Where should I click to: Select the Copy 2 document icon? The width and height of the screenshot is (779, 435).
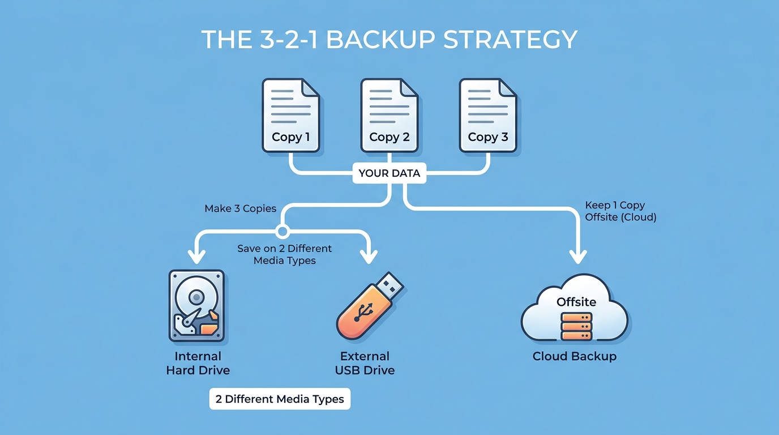point(389,116)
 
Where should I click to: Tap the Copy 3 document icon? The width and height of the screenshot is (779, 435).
point(488,116)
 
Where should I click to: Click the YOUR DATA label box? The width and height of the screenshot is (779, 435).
point(389,173)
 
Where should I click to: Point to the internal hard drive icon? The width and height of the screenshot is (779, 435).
point(196,305)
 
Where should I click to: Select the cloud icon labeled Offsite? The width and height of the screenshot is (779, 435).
point(574,309)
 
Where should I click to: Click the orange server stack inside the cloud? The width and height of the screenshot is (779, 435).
point(576,326)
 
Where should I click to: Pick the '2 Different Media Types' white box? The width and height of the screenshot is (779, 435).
point(280,399)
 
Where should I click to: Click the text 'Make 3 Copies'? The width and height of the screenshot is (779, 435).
point(241,209)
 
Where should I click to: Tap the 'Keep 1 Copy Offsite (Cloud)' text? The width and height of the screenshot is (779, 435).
point(620,211)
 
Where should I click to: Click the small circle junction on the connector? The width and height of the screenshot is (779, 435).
point(282,231)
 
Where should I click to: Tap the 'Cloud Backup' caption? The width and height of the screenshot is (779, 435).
point(574,356)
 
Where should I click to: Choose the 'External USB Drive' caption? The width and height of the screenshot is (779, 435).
point(365,363)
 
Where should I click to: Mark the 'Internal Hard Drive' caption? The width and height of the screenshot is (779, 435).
point(198,363)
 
